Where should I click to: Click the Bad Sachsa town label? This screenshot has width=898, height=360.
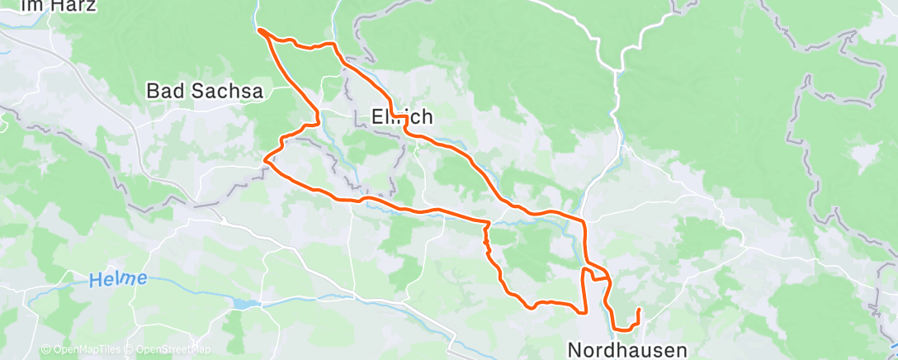click(x=205, y=92)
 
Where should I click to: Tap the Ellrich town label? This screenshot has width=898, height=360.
click(x=403, y=118)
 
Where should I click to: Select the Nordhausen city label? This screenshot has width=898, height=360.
click(x=627, y=349)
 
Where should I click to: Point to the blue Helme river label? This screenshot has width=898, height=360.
click(x=118, y=280)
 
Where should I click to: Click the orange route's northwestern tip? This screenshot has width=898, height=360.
click(x=260, y=31)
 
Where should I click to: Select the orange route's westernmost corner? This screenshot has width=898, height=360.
click(x=264, y=159)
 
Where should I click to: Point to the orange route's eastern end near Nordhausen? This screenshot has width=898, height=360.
click(x=639, y=310)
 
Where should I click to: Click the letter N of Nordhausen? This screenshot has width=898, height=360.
click(x=575, y=349)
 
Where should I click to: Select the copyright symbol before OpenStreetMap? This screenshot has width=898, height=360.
click(x=130, y=350)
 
